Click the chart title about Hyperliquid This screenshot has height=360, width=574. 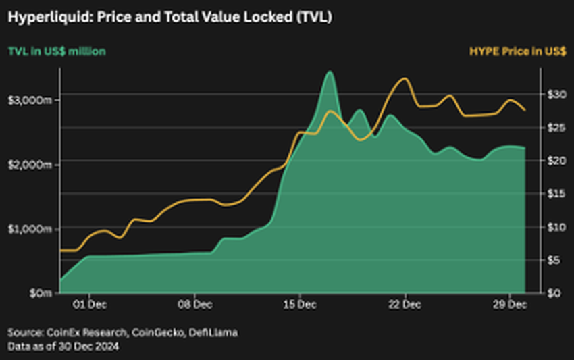click(169, 18)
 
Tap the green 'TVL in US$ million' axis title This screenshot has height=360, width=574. click(57, 51)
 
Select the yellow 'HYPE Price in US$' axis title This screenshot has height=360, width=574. click(517, 51)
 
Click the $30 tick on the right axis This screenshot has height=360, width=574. click(552, 94)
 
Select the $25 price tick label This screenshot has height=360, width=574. click(552, 127)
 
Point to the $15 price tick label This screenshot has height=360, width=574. click(552, 193)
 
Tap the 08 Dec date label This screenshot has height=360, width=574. click(194, 305)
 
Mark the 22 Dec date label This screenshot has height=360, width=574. click(405, 305)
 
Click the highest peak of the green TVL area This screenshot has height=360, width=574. click(330, 72)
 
